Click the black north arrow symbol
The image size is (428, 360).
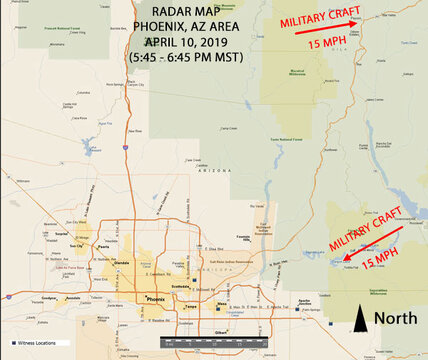(x=360, y=319)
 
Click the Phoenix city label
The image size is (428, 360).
(x=156, y=300)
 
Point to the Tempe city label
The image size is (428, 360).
(x=191, y=307)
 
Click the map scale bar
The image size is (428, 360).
(x=211, y=342)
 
